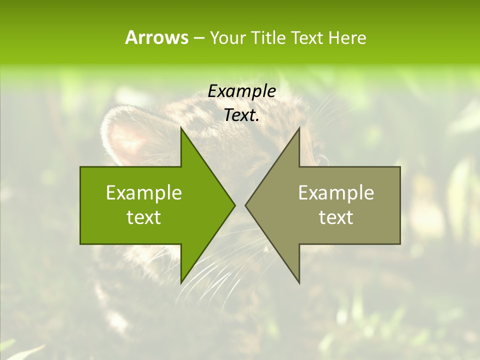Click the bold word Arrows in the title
[x=156, y=37]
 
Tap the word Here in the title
[x=347, y=37]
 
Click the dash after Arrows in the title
[x=198, y=38]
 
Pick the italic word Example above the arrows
[x=241, y=91]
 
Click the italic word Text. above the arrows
[x=241, y=115]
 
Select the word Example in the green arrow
[x=144, y=193]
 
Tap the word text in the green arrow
[x=144, y=217]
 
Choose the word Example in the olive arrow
[x=336, y=193]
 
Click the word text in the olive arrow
[x=336, y=217]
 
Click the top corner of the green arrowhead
[x=181, y=128]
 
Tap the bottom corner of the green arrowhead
[x=181, y=282]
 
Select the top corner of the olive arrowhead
[x=299, y=128]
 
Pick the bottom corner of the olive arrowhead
[x=299, y=282]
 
